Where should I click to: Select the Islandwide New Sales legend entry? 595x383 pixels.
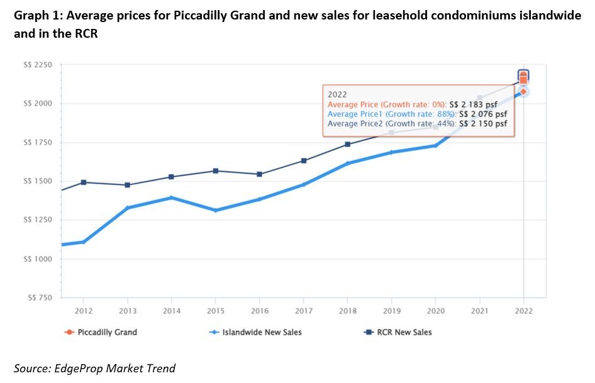pos(262,332)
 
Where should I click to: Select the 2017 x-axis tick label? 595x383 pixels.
pos(303,310)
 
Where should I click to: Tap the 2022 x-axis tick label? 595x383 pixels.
pos(523,310)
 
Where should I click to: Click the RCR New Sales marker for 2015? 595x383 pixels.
pos(215,171)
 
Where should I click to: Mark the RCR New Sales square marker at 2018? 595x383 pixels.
pos(347,145)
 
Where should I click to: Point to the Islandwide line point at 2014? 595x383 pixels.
pos(171,198)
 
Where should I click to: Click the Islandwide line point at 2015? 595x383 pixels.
pos(215,210)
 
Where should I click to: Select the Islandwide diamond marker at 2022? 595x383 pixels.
pos(523,92)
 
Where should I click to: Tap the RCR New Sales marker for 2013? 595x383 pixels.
pos(127,185)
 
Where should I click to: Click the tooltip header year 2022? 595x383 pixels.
pos(338,93)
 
